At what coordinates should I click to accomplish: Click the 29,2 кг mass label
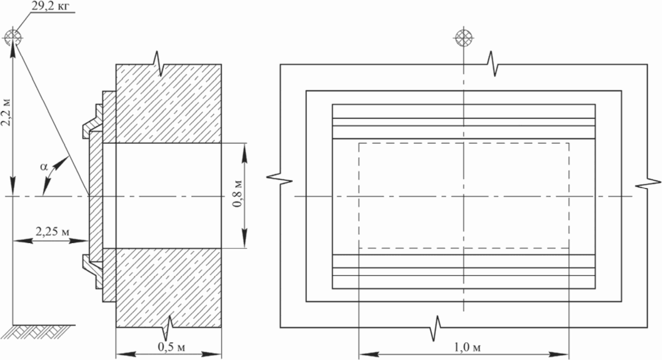pos(50,6)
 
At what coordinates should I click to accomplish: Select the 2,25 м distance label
pos(53,232)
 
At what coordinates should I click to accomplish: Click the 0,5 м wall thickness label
pos(171,347)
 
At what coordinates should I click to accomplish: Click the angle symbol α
pos(44,166)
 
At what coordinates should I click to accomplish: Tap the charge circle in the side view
pos(13,37)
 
